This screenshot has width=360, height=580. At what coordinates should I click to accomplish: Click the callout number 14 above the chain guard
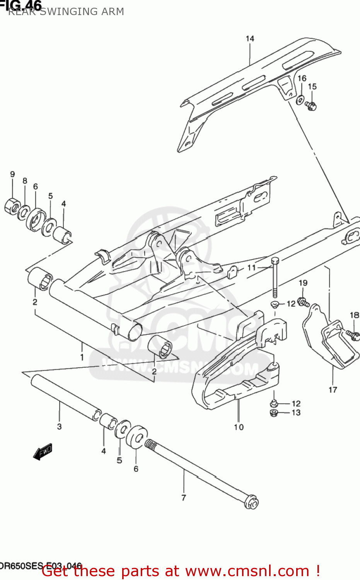point(250,39)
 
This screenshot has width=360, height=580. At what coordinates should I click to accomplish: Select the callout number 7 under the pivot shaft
point(184,498)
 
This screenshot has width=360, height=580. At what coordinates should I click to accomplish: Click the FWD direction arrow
point(43,452)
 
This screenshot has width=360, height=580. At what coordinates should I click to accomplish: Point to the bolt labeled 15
point(311,105)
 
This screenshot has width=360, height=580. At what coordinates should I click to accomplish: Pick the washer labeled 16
point(300,100)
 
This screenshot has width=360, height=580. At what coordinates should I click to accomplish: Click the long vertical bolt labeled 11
point(275,278)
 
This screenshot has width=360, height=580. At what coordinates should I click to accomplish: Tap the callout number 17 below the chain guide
point(333,390)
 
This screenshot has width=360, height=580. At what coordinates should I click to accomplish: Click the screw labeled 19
point(304,302)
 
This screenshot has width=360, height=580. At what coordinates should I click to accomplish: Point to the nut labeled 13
point(273,413)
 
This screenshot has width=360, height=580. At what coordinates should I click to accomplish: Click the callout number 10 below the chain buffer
point(239,427)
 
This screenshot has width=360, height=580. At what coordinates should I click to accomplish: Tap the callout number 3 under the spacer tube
point(59,426)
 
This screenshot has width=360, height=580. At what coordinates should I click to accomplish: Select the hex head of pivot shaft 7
point(252,503)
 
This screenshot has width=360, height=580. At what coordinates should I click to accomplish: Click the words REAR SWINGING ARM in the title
point(66,12)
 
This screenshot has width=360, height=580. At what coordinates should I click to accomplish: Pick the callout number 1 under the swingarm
point(82,357)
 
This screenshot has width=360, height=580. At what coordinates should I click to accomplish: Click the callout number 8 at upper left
point(25,181)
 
